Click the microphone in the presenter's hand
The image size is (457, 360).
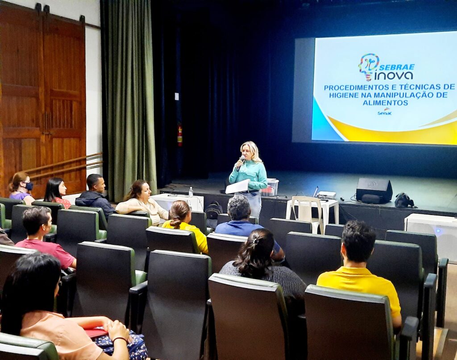tap(241, 163)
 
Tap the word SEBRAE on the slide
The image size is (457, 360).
tap(397, 67)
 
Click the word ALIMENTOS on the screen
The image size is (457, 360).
tap(385, 103)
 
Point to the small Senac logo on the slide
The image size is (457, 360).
tap(385, 112)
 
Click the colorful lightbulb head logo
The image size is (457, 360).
tap(369, 67)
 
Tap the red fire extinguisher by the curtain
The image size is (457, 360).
tap(180, 135)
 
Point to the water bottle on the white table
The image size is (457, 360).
tap(191, 192)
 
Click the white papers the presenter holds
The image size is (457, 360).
tap(237, 186)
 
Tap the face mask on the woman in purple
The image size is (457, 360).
tap(29, 186)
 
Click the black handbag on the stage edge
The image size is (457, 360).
tap(403, 200)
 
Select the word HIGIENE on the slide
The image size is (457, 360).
tap(346, 95)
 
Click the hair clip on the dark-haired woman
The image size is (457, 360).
tap(255, 240)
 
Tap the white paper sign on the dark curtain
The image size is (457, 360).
tap(177, 96)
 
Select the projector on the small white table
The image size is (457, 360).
tap(326, 194)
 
